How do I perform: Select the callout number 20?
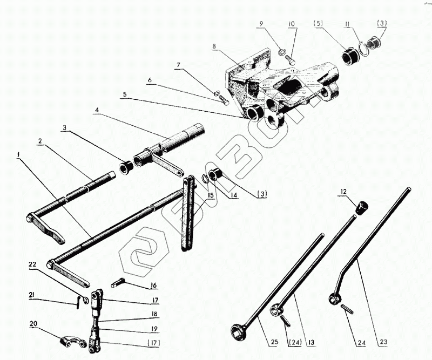(34, 324)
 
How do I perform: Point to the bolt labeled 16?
(119, 282)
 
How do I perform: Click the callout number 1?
(18, 155)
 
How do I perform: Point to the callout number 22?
(32, 264)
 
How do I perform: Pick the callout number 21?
(32, 294)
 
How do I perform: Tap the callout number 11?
(347, 24)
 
